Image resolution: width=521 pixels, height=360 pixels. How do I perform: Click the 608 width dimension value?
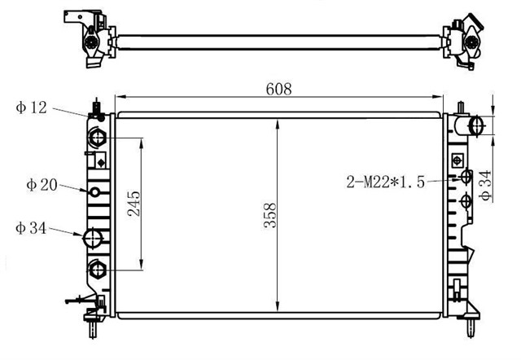[x=278, y=89]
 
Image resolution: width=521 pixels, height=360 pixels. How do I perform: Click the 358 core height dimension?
[x=270, y=215]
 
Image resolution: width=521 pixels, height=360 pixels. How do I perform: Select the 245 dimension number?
[x=134, y=204]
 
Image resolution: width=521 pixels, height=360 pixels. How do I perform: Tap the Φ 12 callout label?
[x=31, y=108]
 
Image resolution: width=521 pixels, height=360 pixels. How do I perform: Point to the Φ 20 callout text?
[x=42, y=185]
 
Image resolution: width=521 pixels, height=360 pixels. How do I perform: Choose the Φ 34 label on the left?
[x=31, y=228]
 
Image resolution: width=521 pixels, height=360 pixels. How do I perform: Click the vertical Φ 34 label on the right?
[x=485, y=186]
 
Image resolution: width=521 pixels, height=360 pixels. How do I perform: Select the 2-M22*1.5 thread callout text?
[x=385, y=182]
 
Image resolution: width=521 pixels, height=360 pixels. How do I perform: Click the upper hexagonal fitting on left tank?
[x=97, y=138]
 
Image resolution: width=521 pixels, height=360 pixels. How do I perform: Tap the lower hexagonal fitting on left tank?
[x=97, y=270]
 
